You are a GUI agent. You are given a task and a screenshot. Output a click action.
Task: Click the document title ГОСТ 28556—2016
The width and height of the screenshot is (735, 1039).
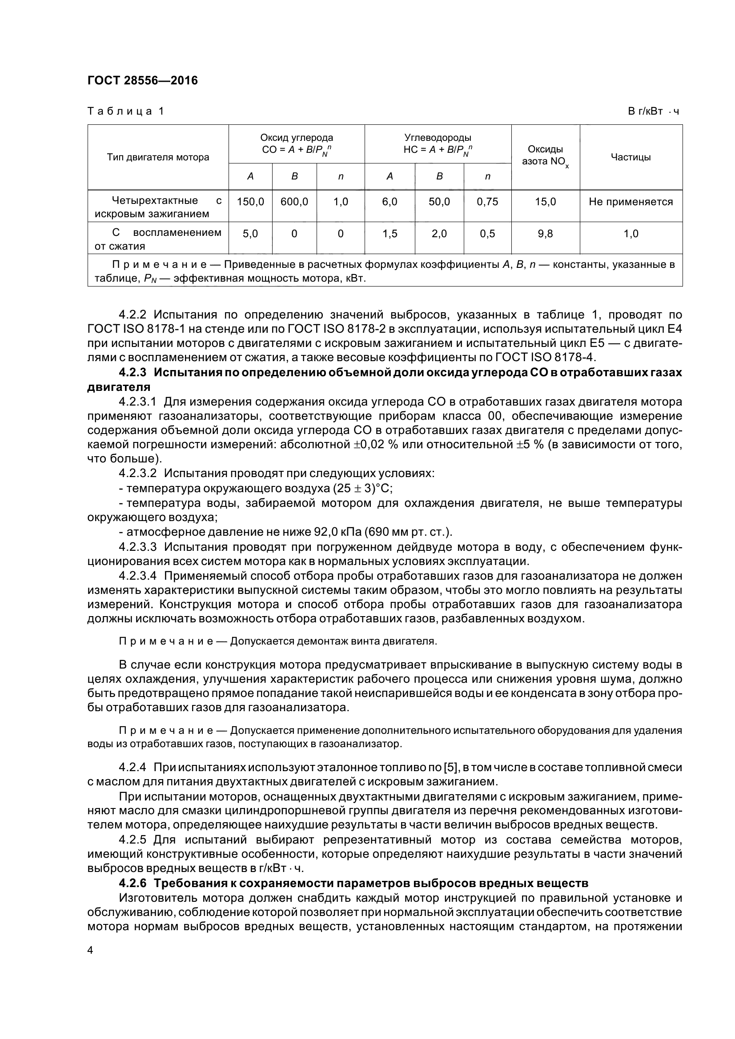click(x=142, y=80)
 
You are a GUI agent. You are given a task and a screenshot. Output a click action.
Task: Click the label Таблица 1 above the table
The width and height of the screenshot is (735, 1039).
click(x=125, y=111)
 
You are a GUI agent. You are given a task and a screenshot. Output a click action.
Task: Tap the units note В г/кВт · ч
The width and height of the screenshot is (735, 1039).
click(x=653, y=112)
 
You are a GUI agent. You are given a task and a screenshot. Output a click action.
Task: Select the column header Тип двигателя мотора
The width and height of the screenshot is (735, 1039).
click(x=157, y=158)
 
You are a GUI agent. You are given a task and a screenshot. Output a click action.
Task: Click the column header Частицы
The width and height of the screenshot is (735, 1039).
click(x=631, y=158)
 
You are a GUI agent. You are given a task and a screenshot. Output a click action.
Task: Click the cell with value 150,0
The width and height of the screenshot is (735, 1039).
click(x=250, y=202)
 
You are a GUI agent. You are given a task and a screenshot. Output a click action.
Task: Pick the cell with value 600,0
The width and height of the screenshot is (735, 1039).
click(x=294, y=202)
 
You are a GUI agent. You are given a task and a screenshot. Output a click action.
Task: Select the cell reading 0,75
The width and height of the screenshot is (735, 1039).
click(x=487, y=202)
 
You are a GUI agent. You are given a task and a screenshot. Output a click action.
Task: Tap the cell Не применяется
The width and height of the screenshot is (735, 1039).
click(x=631, y=202)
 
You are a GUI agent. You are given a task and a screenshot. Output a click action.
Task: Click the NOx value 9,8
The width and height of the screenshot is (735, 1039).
click(x=545, y=234)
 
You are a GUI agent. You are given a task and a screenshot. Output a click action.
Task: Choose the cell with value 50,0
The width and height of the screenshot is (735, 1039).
click(x=439, y=202)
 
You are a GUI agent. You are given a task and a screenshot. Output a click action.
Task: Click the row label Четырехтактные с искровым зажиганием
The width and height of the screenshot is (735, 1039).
click(x=157, y=207)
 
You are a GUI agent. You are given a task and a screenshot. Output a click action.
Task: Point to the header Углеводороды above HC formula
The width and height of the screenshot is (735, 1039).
click(x=438, y=138)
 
